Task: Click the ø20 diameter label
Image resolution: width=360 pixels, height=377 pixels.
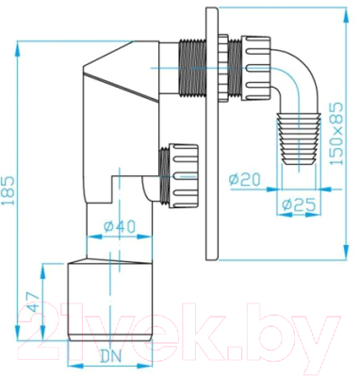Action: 243,178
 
